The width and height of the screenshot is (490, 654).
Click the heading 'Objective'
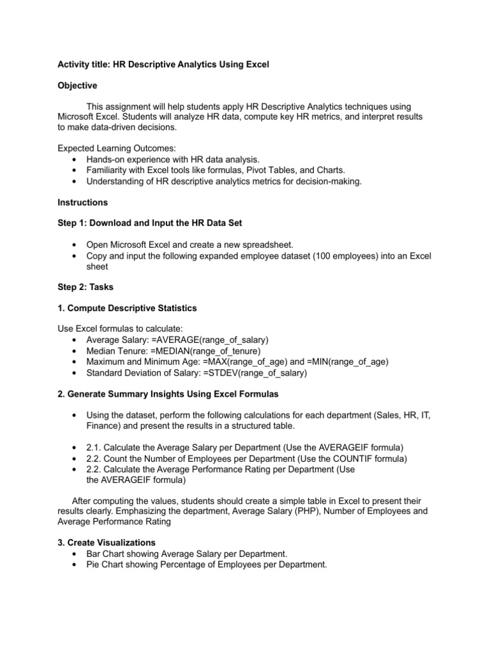[77, 86]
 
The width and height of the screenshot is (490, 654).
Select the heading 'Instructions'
[82, 202]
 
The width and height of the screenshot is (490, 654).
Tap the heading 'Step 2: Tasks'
[85, 287]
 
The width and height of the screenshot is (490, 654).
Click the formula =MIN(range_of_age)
[350, 361]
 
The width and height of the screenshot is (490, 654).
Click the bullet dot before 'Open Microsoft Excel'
[75, 245]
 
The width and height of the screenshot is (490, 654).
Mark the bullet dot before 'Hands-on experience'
[75, 159]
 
